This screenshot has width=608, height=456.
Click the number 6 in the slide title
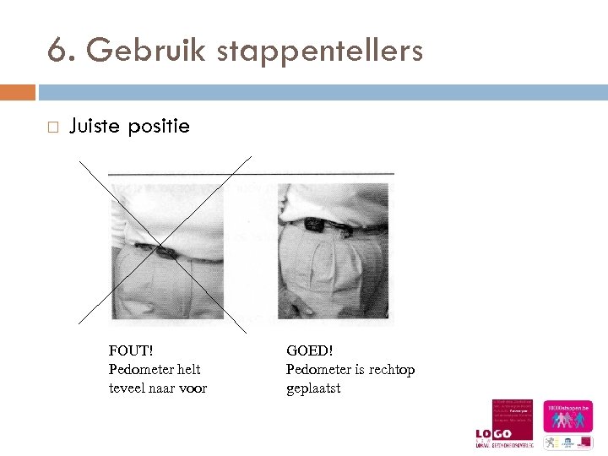(57, 52)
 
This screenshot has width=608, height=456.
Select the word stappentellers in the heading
(320, 52)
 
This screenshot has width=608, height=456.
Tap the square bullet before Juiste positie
(52, 128)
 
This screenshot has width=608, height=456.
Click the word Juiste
(95, 127)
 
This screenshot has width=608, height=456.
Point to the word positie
(159, 128)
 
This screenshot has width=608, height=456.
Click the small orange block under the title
(18, 91)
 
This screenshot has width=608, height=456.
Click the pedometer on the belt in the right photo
(315, 224)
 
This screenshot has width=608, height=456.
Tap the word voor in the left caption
(193, 388)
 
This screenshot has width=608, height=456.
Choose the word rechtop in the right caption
(392, 369)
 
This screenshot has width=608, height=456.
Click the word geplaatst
(313, 388)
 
